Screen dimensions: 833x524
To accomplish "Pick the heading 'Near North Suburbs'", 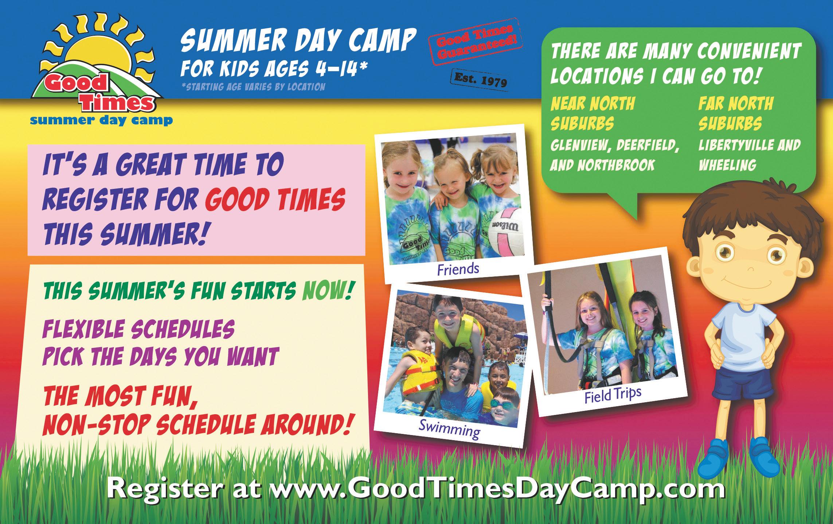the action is pos(593,114).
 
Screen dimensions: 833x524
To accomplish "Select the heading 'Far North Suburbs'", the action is pos(736,114).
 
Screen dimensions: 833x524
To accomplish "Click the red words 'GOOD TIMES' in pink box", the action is pos(275,200).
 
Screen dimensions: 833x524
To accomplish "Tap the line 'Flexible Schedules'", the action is pos(138,329).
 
